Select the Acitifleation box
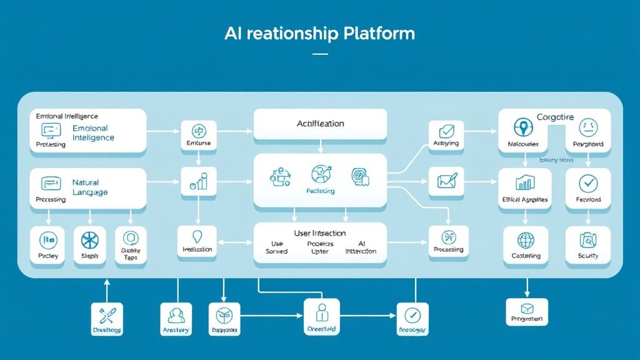(x=320, y=124)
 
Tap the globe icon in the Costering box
(x=526, y=240)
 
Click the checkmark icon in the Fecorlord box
(x=587, y=183)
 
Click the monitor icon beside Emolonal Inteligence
(x=51, y=130)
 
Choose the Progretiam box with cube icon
(x=526, y=311)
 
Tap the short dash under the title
(x=319, y=54)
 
